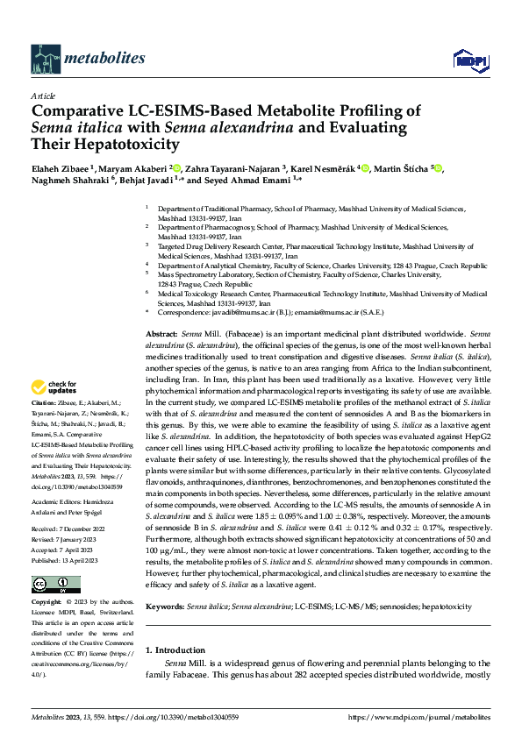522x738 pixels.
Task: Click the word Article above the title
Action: click(x=42, y=96)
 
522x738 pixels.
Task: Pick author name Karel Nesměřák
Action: click(x=325, y=168)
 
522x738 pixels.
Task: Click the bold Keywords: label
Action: click(x=165, y=607)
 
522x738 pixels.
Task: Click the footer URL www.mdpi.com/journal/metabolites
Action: click(x=417, y=716)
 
